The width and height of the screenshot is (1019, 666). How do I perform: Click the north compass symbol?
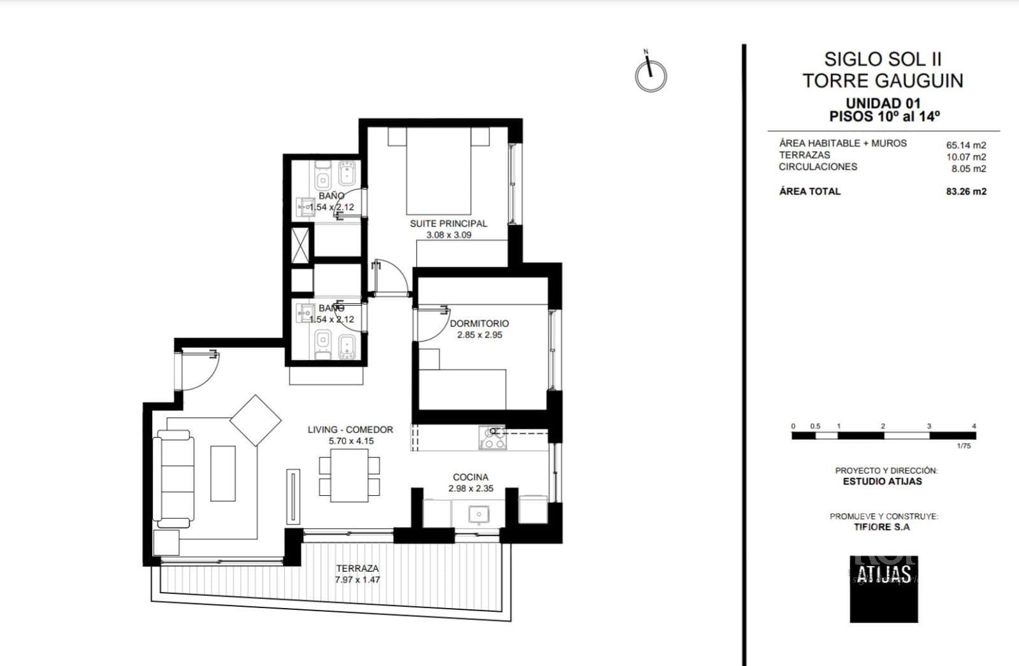[651, 76]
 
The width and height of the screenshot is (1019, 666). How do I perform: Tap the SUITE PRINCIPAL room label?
[448, 224]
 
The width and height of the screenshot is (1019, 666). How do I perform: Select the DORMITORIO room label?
[479, 324]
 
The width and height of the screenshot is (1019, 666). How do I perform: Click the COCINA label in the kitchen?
[470, 477]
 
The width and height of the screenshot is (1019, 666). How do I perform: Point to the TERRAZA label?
[358, 568]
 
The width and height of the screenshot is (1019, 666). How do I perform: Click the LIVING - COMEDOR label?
[351, 430]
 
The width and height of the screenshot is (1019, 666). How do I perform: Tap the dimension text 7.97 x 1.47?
[358, 580]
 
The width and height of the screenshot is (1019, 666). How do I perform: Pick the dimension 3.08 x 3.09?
[449, 235]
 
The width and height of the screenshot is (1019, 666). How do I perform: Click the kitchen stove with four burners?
[492, 438]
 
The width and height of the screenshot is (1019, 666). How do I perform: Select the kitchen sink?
[479, 514]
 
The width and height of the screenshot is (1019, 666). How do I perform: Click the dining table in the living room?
[349, 475]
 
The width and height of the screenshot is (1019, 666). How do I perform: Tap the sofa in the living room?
[173, 479]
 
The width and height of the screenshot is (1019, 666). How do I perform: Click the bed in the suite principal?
[438, 171]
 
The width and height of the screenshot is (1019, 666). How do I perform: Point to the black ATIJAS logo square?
[884, 589]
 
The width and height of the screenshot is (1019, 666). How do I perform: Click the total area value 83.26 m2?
[966, 192]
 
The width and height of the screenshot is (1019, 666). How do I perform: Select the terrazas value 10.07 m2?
[966, 157]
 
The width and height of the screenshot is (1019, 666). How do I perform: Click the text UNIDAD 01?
[883, 103]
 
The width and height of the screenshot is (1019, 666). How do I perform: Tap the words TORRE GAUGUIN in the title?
[883, 81]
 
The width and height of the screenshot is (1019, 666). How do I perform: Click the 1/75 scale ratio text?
[964, 446]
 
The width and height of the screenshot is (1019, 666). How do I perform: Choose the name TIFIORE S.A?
[881, 527]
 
